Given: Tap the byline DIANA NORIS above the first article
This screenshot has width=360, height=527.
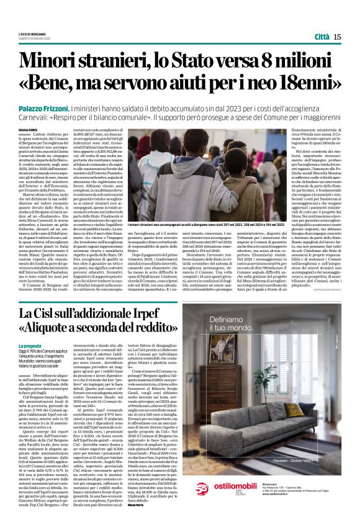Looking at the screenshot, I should pyautogui.click(x=29, y=130).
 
